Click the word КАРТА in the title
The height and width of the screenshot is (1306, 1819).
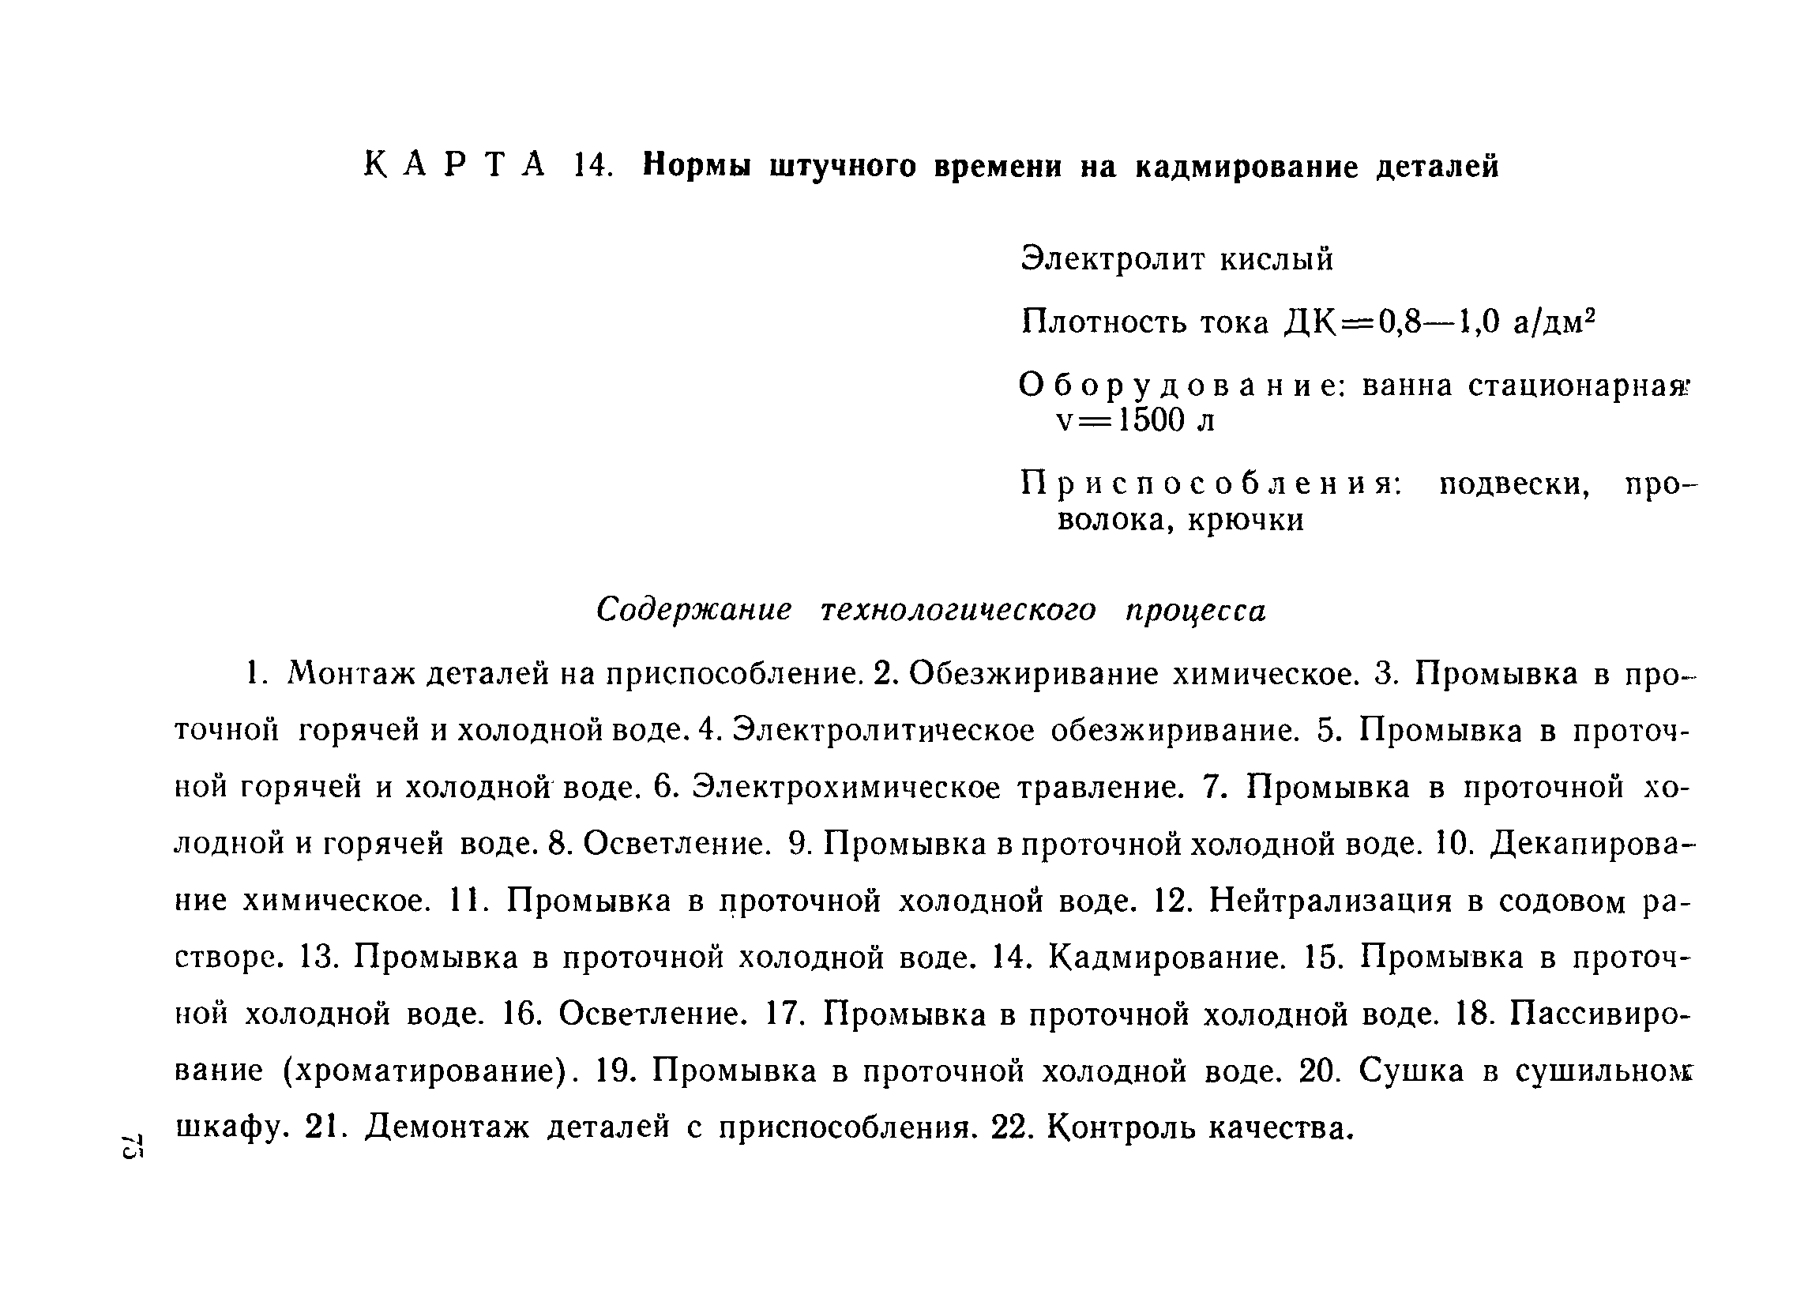coord(454,166)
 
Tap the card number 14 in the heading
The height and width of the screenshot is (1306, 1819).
coord(593,166)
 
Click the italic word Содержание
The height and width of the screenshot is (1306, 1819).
coord(693,610)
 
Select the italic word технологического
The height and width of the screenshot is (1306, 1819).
coord(958,610)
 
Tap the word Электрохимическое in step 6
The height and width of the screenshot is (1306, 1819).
coord(847,787)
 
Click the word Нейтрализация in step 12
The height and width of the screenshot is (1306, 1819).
coord(1331,901)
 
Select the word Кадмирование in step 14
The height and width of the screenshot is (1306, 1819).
coord(1167,957)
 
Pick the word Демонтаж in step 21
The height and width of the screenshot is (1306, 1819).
coord(448,1128)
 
